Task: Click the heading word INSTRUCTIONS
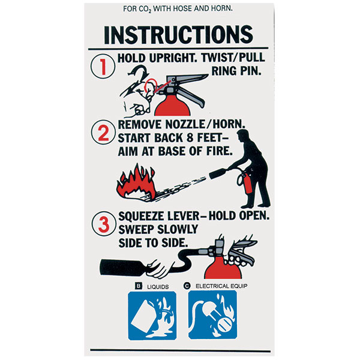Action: pyautogui.click(x=178, y=35)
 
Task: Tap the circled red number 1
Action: pyautogui.click(x=103, y=67)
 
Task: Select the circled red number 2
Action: pyautogui.click(x=103, y=132)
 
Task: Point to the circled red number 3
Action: pyautogui.click(x=104, y=224)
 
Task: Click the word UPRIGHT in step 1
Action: pyautogui.click(x=173, y=58)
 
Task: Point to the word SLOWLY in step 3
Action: pyautogui.click(x=176, y=229)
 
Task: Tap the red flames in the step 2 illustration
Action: pyautogui.click(x=136, y=182)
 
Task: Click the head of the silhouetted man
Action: pyautogui.click(x=244, y=136)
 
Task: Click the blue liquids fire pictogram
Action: pyautogui.click(x=152, y=316)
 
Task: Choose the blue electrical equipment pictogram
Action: pyautogui.click(x=212, y=315)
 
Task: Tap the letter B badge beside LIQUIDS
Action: pyautogui.click(x=139, y=286)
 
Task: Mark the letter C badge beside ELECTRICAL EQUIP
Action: pyautogui.click(x=187, y=286)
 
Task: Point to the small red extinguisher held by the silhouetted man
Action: pyautogui.click(x=247, y=183)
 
